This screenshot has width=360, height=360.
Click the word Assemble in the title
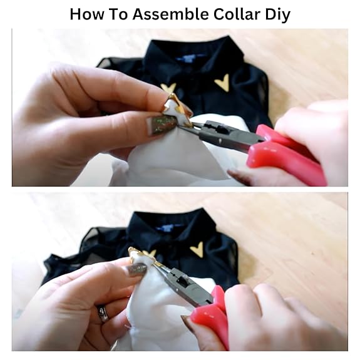pyautogui.click(x=170, y=14)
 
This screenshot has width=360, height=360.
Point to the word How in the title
pyautogui.click(x=87, y=14)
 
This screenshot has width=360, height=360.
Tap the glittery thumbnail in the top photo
pyautogui.click(x=161, y=124)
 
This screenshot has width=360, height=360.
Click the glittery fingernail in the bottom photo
pyautogui.click(x=137, y=269)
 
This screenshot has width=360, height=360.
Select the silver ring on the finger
pyautogui.click(x=103, y=314)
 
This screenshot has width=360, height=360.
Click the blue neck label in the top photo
pyautogui.click(x=188, y=58)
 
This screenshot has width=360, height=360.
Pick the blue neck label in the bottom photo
pyautogui.click(x=168, y=227)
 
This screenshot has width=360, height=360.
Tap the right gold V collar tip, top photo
pyautogui.click(x=222, y=83)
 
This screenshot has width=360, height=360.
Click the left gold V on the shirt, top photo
pyautogui.click(x=169, y=88)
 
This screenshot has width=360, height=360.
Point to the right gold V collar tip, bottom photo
pyautogui.click(x=197, y=249)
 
